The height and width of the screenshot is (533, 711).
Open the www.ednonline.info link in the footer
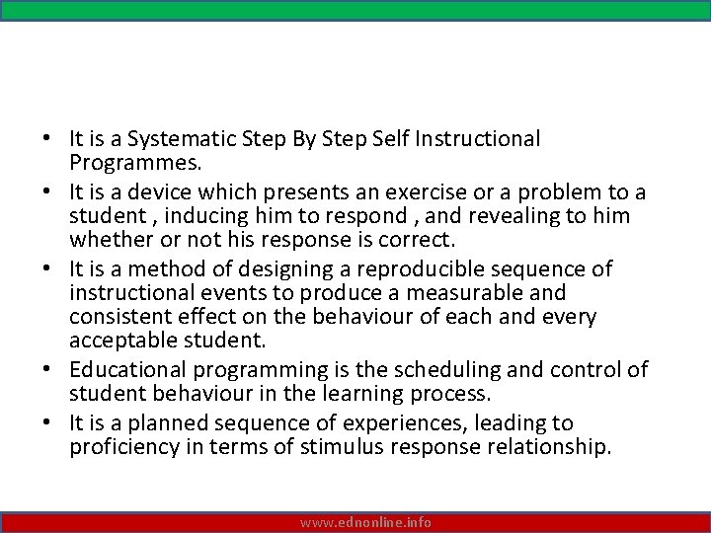tap(366, 522)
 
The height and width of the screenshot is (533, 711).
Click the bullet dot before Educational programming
tap(54, 371)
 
